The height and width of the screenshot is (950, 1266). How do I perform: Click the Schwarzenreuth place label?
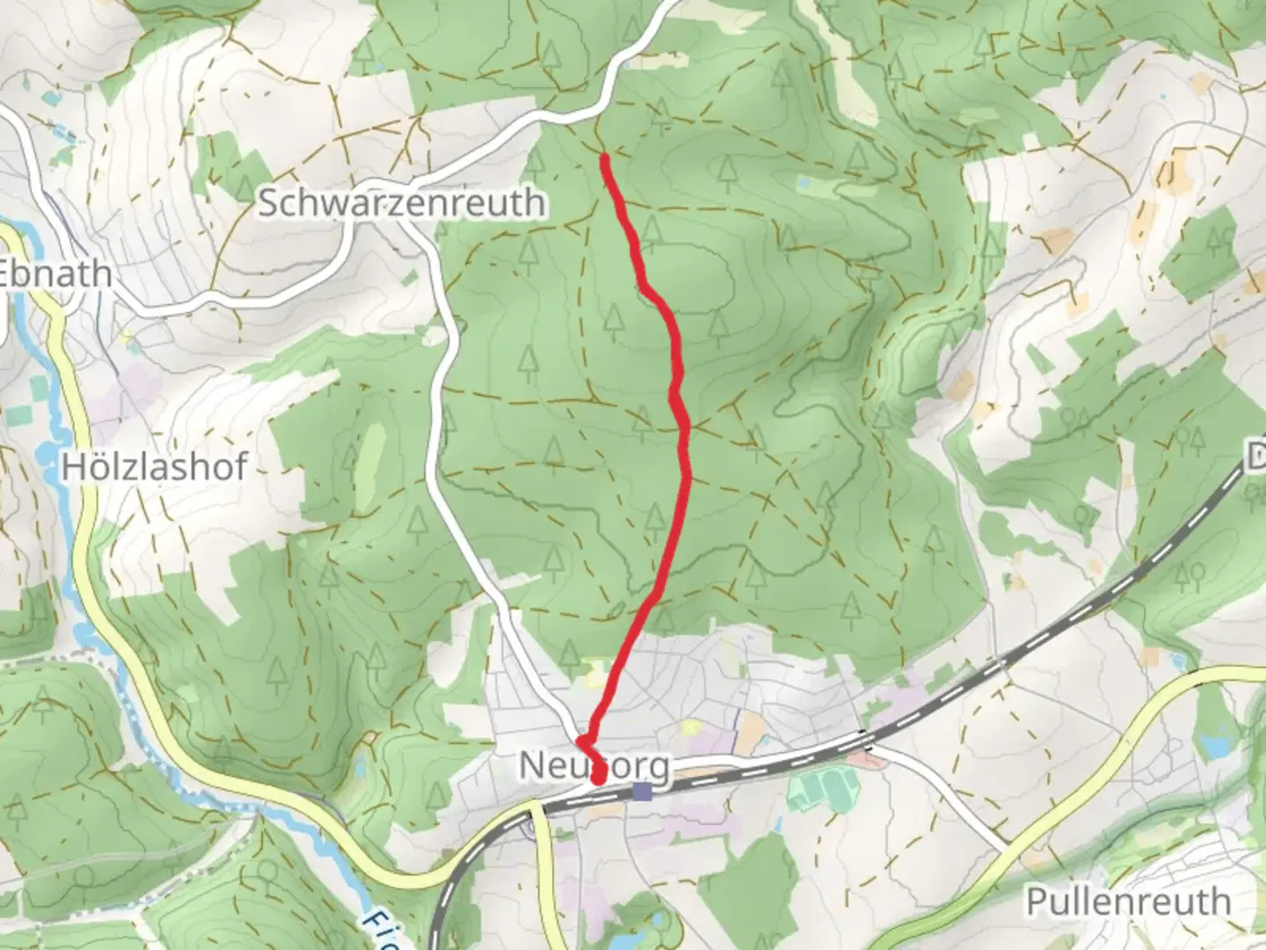point(401,203)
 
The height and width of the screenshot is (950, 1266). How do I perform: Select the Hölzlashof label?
point(154,466)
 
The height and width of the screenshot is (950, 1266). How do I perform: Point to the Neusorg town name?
point(593,765)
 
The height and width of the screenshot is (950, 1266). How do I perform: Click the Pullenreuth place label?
point(1129,902)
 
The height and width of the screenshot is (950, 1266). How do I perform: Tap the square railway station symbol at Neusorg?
point(643,793)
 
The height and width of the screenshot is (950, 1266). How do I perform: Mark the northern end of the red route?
point(605,159)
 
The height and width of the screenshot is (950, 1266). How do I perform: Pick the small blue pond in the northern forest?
point(803,182)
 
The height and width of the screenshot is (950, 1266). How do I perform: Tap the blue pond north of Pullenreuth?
point(1218,747)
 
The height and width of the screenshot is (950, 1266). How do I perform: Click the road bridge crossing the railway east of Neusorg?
point(866,742)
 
